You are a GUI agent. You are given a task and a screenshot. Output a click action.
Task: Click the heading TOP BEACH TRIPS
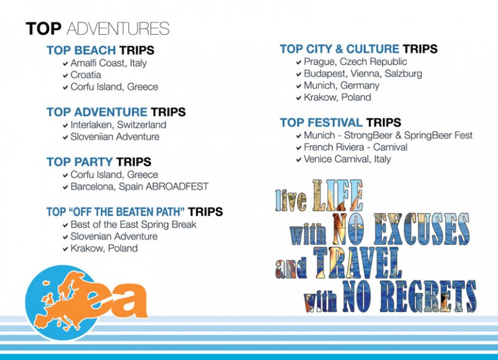tap(100, 50)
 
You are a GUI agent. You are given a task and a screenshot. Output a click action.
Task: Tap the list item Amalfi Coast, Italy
tap(108, 63)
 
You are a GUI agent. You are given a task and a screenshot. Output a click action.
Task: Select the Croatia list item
tap(86, 75)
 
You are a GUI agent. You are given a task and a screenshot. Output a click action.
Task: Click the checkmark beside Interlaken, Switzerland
tap(65, 126)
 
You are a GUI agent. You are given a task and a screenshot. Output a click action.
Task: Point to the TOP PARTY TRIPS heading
tap(99, 162)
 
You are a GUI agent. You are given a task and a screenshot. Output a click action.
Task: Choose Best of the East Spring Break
tap(133, 225)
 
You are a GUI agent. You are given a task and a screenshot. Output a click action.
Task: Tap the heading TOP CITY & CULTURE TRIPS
tap(359, 49)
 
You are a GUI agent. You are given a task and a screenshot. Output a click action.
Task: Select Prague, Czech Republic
tap(355, 62)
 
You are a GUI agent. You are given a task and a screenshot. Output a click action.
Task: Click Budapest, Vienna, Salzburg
tap(363, 73)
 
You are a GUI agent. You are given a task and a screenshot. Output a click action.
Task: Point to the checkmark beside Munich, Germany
tap(299, 86)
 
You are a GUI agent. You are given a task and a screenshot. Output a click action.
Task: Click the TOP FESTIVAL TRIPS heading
tap(341, 123)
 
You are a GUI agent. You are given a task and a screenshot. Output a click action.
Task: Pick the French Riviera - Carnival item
tap(355, 147)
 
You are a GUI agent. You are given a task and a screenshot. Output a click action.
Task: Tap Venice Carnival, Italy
tap(347, 159)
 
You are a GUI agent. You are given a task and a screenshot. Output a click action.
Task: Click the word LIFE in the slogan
tap(337, 196)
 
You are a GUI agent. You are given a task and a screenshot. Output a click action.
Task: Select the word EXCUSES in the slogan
tap(421, 229)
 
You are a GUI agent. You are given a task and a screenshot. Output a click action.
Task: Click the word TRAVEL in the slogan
tap(357, 263)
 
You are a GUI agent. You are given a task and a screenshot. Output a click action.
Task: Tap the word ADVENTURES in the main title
tap(118, 29)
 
